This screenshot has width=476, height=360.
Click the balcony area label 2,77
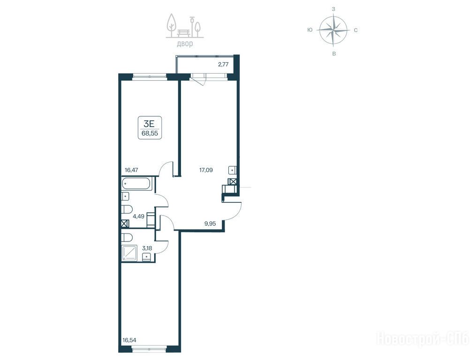(x=223, y=64)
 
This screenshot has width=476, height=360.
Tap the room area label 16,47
(x=131, y=170)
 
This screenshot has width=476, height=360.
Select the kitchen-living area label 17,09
(x=206, y=170)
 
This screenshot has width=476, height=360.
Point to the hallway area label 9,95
(x=210, y=224)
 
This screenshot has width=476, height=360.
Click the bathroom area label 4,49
(x=138, y=217)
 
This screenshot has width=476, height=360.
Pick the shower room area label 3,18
(x=147, y=248)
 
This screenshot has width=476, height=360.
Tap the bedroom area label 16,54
(x=129, y=340)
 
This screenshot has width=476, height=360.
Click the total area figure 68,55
(x=150, y=133)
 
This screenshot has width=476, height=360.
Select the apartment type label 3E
(x=149, y=124)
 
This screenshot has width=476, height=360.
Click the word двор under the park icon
(x=185, y=44)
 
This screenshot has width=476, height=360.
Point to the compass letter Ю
(x=310, y=30)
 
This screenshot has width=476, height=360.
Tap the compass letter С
(x=355, y=30)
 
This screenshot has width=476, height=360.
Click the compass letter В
(x=334, y=54)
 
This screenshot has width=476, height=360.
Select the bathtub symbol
(x=136, y=184)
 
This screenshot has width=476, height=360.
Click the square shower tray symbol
(x=130, y=253)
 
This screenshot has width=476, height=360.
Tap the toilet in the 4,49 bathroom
(x=127, y=210)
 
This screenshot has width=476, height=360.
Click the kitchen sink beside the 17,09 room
(x=232, y=170)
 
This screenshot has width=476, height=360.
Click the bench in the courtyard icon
(x=184, y=32)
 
